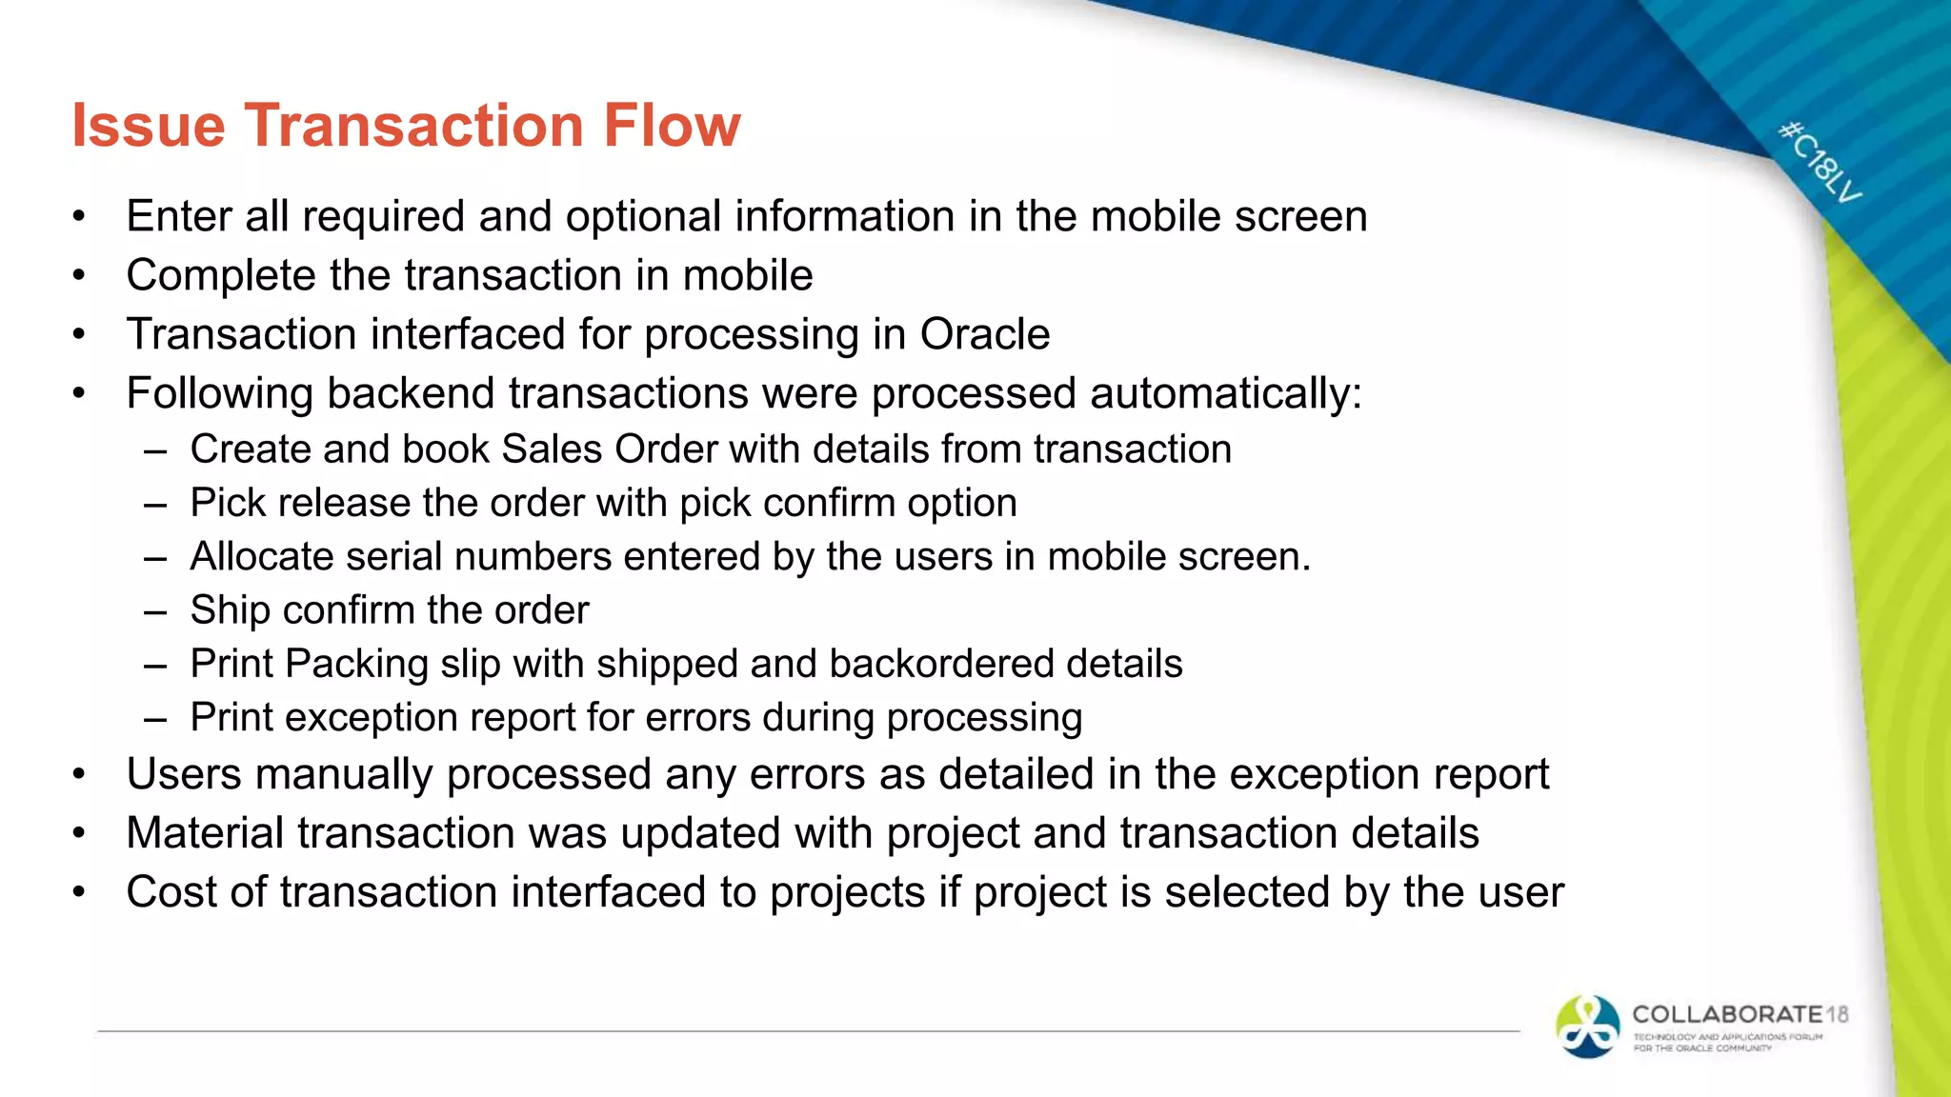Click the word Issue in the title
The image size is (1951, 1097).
[x=149, y=125]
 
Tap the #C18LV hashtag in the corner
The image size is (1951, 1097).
[x=1820, y=162]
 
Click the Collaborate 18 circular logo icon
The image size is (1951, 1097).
[x=1587, y=1027]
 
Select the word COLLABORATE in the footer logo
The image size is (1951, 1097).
[x=1727, y=1014]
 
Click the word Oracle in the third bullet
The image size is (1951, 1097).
[x=984, y=334]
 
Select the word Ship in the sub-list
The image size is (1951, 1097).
[x=230, y=610]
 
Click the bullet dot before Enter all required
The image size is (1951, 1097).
[x=80, y=217]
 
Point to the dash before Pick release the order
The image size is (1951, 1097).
[x=155, y=505]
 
